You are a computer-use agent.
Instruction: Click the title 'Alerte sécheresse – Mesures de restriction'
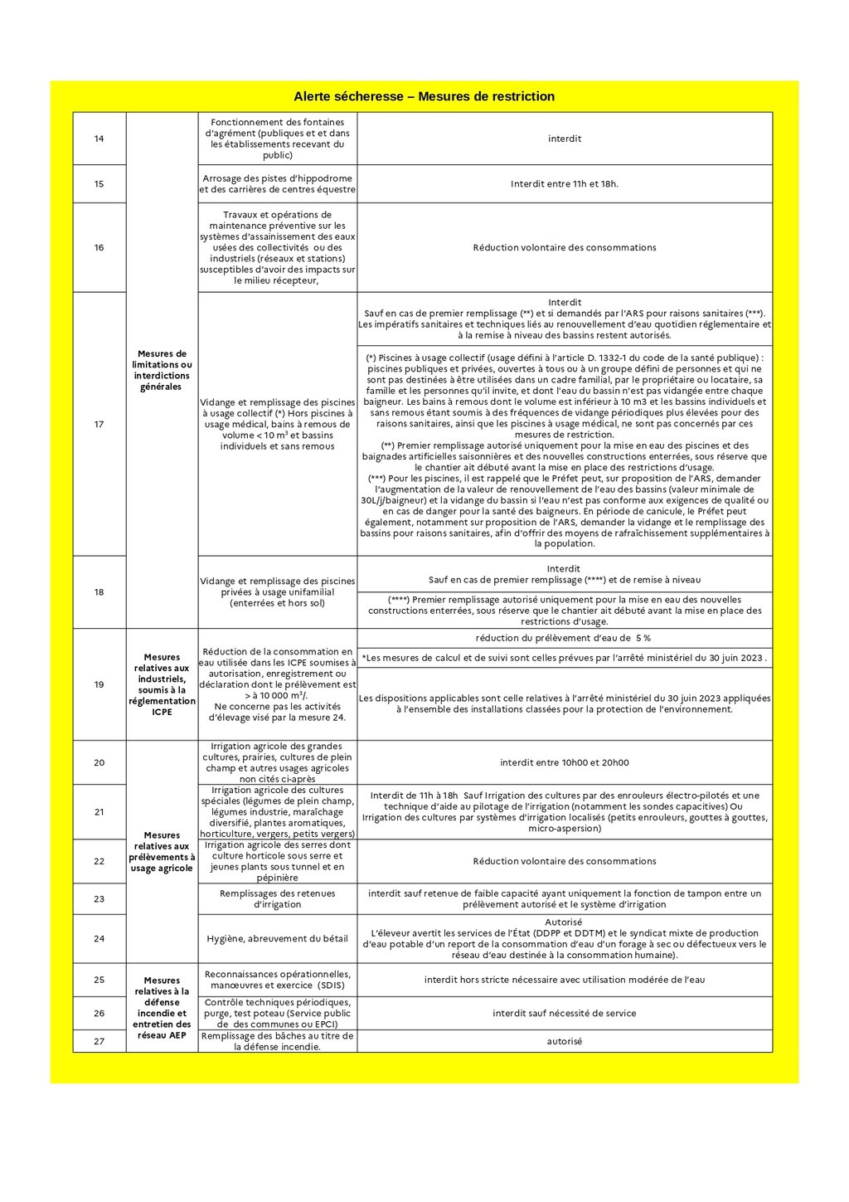click(x=424, y=96)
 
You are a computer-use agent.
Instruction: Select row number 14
click(x=99, y=139)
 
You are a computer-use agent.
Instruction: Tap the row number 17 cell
click(x=99, y=424)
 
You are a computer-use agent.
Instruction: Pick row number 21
click(x=99, y=812)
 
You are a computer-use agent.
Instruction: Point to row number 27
click(x=99, y=1041)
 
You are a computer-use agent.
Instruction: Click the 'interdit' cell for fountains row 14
click(x=565, y=139)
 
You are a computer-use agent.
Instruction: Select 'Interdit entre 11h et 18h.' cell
click(x=565, y=183)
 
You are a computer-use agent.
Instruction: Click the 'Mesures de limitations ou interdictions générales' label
click(x=162, y=370)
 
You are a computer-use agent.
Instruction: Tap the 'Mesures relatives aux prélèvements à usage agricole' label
click(x=162, y=852)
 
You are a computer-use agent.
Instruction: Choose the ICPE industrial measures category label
click(x=162, y=684)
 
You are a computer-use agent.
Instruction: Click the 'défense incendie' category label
click(x=162, y=1007)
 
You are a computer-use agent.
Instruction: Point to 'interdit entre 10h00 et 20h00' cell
click(x=565, y=762)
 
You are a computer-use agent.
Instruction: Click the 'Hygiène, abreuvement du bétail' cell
click(x=278, y=938)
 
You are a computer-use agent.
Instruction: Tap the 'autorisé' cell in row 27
click(x=565, y=1041)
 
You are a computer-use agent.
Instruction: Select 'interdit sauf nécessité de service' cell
click(x=565, y=1013)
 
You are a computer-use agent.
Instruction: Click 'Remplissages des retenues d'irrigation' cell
click(x=278, y=898)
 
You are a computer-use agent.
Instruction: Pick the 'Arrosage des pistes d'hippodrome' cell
click(x=278, y=183)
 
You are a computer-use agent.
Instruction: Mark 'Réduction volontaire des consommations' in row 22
click(x=565, y=861)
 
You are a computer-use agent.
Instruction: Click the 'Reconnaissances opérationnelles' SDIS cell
click(x=278, y=980)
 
